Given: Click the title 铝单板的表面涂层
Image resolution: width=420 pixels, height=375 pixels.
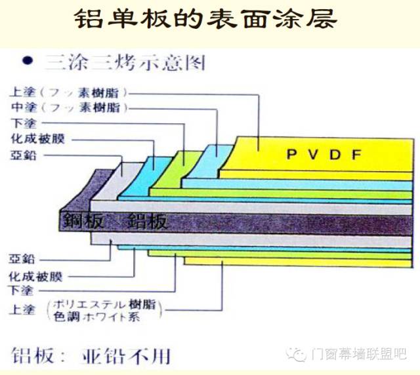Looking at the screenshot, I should (x=209, y=19).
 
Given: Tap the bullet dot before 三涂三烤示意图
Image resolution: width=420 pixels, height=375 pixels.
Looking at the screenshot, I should (x=27, y=60).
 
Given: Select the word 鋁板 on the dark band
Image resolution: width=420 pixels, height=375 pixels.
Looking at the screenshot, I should (x=147, y=221).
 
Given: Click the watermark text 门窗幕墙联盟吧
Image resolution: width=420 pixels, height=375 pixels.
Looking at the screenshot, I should (x=360, y=355).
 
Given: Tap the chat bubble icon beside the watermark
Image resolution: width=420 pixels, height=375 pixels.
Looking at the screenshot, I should (x=299, y=355).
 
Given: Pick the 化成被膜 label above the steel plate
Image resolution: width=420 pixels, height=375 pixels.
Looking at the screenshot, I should (x=38, y=139).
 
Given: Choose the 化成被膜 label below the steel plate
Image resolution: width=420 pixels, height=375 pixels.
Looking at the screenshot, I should (x=38, y=276).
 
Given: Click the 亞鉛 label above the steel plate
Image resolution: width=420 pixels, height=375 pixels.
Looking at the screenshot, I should (x=24, y=155).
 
